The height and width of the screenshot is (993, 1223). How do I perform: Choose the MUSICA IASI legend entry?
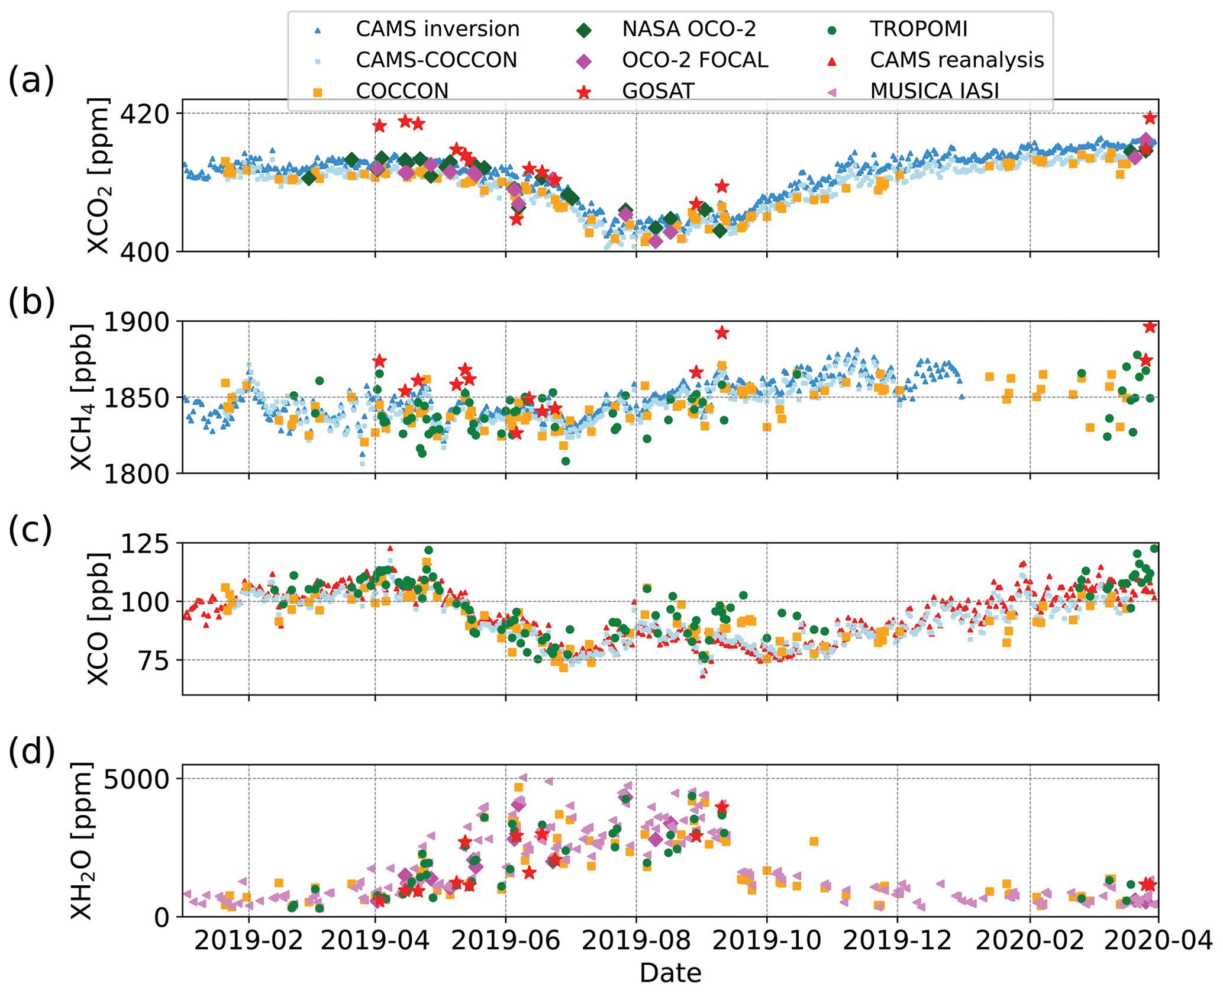[934, 91]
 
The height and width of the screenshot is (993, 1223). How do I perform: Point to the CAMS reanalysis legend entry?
[956, 60]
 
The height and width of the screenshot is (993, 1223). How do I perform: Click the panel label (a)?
[31, 80]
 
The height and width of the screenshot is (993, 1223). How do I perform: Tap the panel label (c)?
[31, 529]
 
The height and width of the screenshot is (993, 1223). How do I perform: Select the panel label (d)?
[31, 752]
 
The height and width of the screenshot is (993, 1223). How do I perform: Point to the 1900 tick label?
[136, 322]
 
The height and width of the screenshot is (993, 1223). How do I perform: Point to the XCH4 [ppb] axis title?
[82, 397]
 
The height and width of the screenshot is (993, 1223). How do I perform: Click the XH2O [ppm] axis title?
[82, 841]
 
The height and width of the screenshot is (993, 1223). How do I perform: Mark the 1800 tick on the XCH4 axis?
[136, 474]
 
